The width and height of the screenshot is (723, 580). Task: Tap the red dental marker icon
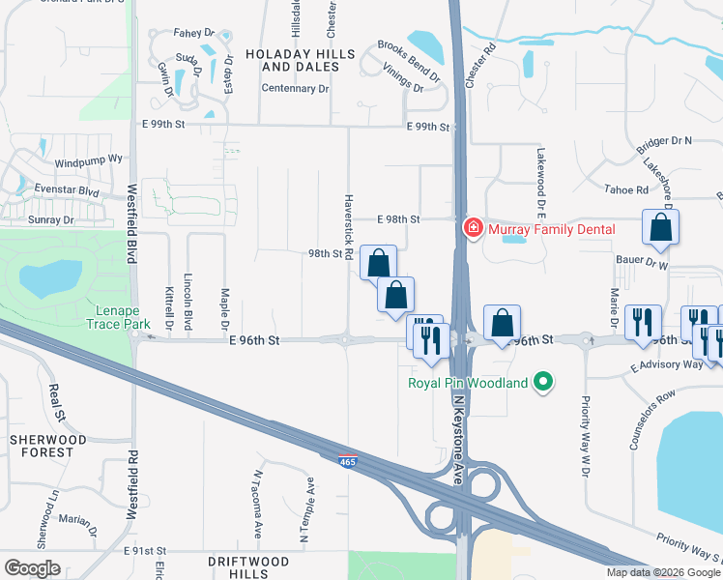[474, 229]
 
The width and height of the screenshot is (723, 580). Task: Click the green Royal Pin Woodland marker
[543, 384]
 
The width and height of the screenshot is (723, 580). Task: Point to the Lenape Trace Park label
[123, 318]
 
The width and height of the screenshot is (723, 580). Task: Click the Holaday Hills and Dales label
[292, 60]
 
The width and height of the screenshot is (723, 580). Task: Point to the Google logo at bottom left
[32, 568]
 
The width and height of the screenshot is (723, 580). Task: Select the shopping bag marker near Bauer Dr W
[660, 227]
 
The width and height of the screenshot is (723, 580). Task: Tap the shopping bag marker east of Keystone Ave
[502, 322]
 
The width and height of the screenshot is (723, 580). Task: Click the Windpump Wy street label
[89, 159]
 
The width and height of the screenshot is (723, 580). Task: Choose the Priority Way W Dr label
[585, 435]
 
